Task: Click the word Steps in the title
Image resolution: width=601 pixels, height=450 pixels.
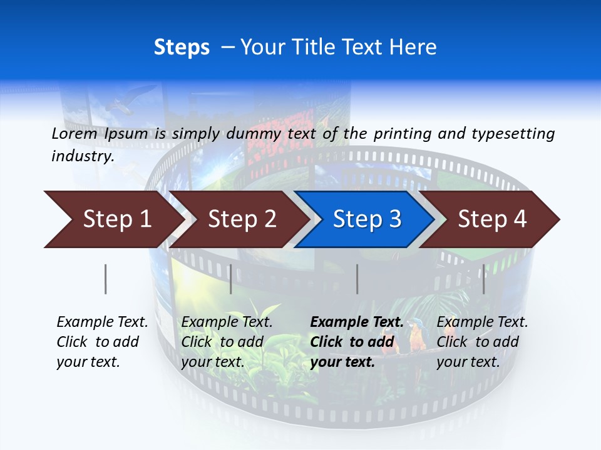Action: point(182,47)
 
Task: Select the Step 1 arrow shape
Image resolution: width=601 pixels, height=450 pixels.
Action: point(113,219)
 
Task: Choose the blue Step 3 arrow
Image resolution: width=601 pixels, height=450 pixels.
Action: point(366,219)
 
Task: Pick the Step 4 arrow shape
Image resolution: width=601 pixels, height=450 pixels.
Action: point(491,219)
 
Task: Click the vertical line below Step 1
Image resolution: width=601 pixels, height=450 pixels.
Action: point(105,279)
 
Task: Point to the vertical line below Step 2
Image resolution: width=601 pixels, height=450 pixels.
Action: point(231,279)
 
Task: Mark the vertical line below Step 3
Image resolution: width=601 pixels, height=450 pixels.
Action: point(357,279)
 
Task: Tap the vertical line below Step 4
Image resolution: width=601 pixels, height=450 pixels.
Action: point(483,279)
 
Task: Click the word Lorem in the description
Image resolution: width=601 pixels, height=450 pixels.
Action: point(74,133)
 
